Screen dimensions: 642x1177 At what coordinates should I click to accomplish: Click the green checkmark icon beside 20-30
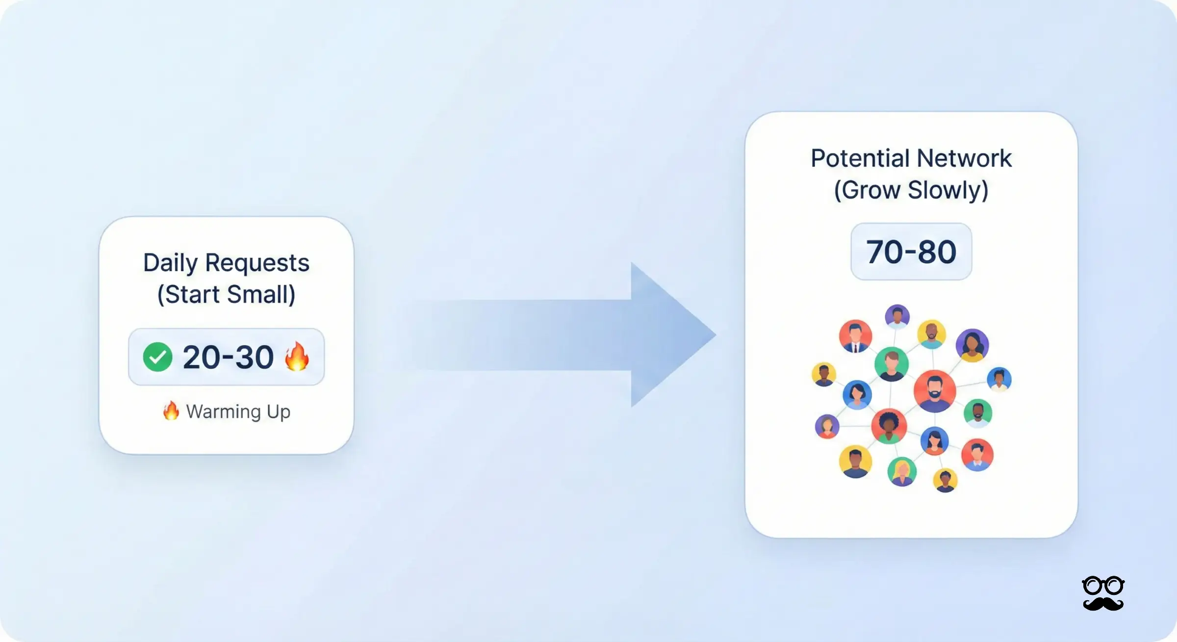[x=157, y=357]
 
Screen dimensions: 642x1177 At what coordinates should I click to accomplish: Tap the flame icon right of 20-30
[x=297, y=357]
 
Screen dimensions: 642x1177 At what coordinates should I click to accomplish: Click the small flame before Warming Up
[x=171, y=411]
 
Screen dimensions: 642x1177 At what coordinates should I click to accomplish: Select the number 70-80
[x=911, y=252]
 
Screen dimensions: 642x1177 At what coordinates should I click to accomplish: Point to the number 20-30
[x=228, y=357]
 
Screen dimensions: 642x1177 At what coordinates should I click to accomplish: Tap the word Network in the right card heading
[x=964, y=158]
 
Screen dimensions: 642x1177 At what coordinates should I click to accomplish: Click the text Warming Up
[x=238, y=411]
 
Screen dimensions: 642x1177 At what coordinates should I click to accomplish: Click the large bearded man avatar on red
[x=935, y=391]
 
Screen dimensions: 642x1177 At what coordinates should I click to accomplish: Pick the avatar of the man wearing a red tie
[x=855, y=336]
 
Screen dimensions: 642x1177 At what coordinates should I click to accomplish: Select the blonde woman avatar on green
[x=902, y=471]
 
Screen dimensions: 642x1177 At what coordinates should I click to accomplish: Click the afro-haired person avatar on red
[x=889, y=426]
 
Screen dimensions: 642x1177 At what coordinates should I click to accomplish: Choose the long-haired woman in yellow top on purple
[x=972, y=345]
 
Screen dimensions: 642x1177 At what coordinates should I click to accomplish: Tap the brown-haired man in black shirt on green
[x=891, y=364]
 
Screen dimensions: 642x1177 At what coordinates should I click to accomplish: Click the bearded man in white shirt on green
[x=978, y=413]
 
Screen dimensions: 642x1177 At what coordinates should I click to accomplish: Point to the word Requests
[x=257, y=263]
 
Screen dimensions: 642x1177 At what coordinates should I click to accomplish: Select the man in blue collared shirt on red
[x=977, y=455]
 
